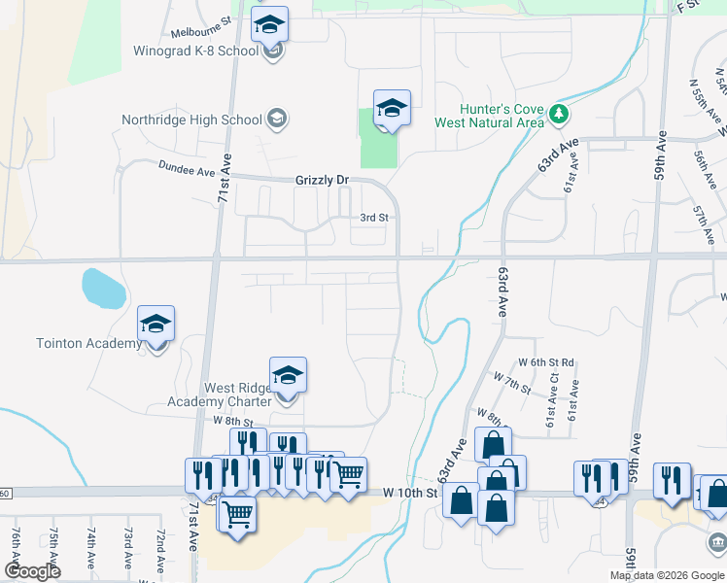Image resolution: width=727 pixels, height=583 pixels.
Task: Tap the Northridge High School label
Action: pos(191,120)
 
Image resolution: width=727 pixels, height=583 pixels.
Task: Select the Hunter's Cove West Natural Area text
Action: pos(502,115)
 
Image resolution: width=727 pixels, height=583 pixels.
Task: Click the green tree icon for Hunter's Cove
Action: pos(559,115)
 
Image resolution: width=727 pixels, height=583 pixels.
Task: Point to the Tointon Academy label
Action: pos(76,344)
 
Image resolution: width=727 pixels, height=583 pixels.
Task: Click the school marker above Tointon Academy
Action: pos(156,323)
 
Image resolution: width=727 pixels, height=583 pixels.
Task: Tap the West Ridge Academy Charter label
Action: pos(238,394)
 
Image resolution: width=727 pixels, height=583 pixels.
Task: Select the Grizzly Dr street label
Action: pos(322,181)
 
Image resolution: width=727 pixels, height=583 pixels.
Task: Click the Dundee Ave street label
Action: pos(186,170)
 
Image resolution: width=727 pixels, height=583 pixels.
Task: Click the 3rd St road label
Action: pos(374,219)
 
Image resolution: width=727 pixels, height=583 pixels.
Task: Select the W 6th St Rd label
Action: pos(546,362)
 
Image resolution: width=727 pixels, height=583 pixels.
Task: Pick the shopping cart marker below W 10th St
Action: pos(237,513)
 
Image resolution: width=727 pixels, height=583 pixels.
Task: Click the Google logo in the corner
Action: pos(32,571)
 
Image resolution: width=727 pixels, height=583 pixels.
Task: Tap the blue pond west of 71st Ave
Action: pos(103,288)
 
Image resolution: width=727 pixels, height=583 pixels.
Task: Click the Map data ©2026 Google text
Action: pos(667,575)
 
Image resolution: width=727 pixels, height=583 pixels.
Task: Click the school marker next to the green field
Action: pos(392,108)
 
